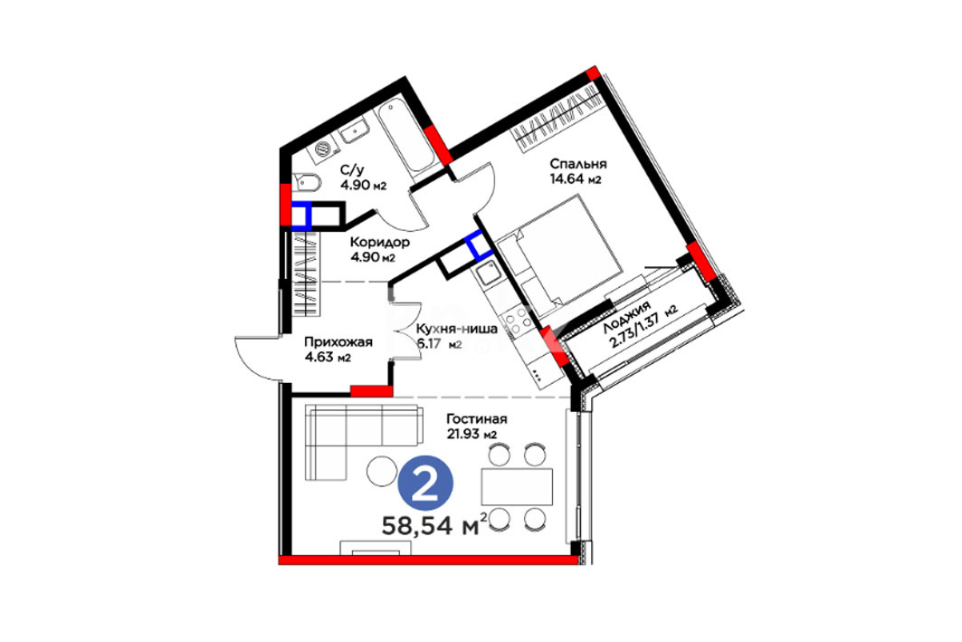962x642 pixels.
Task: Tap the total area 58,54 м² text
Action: [435, 525]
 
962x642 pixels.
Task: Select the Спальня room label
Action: [578, 164]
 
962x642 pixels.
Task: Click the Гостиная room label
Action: [477, 419]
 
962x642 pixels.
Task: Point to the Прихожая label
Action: [338, 342]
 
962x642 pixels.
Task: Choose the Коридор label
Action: [380, 243]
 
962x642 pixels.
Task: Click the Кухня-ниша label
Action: [456, 329]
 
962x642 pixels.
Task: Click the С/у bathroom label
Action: [353, 170]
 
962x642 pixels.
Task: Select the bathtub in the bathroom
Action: [405, 139]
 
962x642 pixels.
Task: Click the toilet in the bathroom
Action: [306, 183]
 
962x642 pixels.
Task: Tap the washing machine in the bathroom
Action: [323, 149]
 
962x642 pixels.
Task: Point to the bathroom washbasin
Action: [354, 131]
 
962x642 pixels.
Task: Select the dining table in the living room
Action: [517, 487]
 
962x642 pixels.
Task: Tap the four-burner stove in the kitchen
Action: [515, 323]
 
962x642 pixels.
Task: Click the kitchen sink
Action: [489, 273]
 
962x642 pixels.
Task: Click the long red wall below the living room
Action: [428, 560]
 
